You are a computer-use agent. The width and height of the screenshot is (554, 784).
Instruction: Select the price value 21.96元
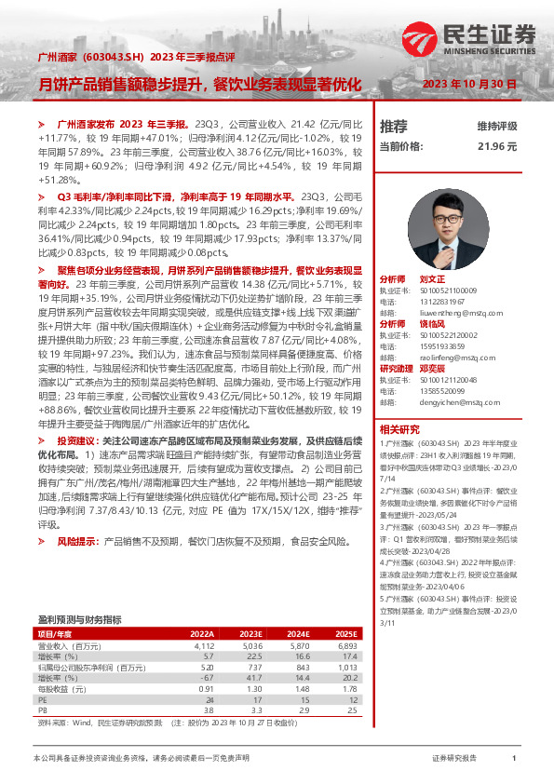coord(496,146)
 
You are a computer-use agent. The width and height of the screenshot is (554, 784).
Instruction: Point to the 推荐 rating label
coord(394,126)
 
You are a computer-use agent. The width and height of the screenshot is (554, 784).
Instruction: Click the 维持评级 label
coord(496,126)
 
